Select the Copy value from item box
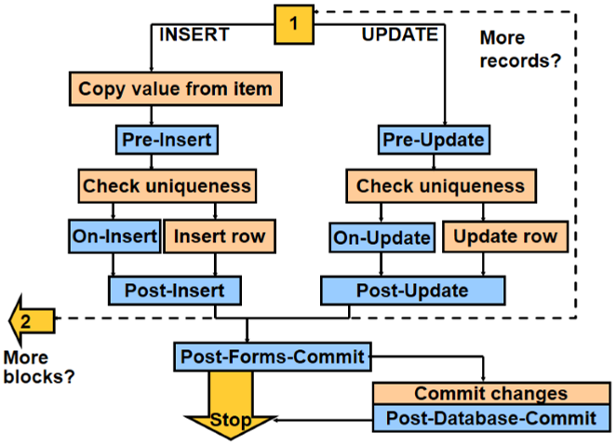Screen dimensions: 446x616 coord(176,89)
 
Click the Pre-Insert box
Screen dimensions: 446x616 coord(167,141)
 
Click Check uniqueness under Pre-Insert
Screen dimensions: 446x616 coord(167,185)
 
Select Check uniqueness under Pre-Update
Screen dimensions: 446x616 coord(440,185)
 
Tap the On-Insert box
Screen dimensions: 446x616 coord(114,236)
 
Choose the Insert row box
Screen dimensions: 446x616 coord(219,236)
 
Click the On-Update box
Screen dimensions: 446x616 coord(382,237)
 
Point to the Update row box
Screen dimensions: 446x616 coord(505,236)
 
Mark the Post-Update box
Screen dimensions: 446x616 coord(413,291)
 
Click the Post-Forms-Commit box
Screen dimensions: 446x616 coord(274,356)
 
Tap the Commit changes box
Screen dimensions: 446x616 coord(490,393)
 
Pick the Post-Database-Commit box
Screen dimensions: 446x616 coord(490,417)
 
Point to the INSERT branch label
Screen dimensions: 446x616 coord(195,34)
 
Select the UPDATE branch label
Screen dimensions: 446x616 coord(399,34)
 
